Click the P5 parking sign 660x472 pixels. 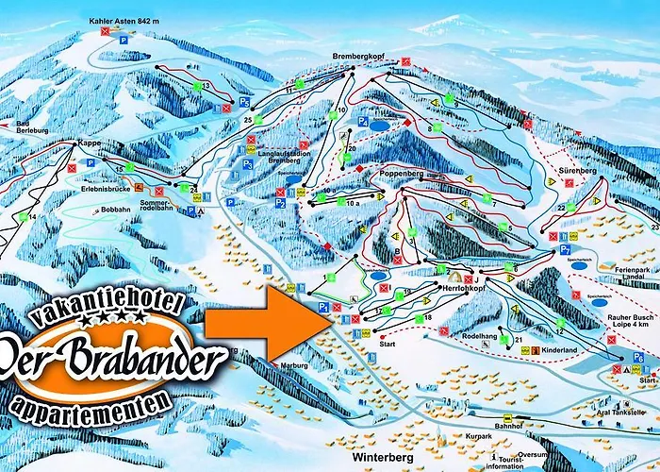pos(244,101)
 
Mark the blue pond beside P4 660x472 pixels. pos(379,125)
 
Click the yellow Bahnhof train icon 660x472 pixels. pos(507,417)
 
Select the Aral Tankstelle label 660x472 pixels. pos(622,413)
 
